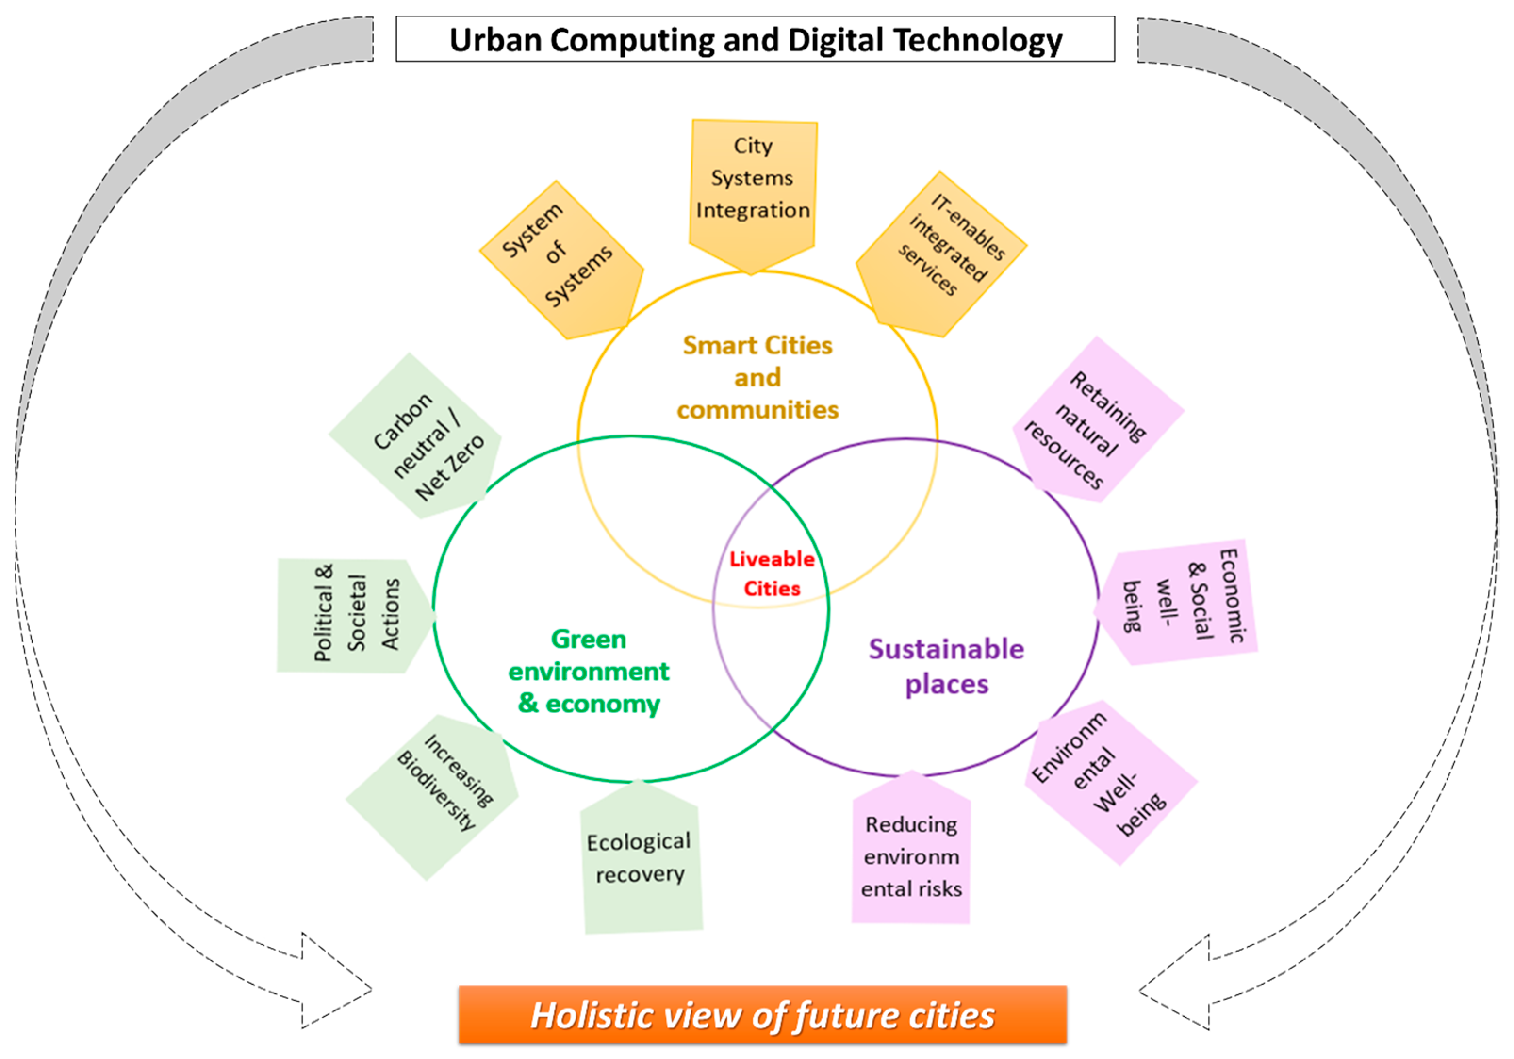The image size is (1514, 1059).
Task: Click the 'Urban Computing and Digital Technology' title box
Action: coord(755,40)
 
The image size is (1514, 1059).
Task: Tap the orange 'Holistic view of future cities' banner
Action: coord(762,1015)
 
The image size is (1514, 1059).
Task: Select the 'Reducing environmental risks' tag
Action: coord(911,856)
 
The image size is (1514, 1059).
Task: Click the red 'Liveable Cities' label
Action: coord(772,574)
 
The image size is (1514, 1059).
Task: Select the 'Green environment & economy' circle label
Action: coord(589,671)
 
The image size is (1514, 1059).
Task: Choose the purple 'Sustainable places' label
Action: coord(946,666)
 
